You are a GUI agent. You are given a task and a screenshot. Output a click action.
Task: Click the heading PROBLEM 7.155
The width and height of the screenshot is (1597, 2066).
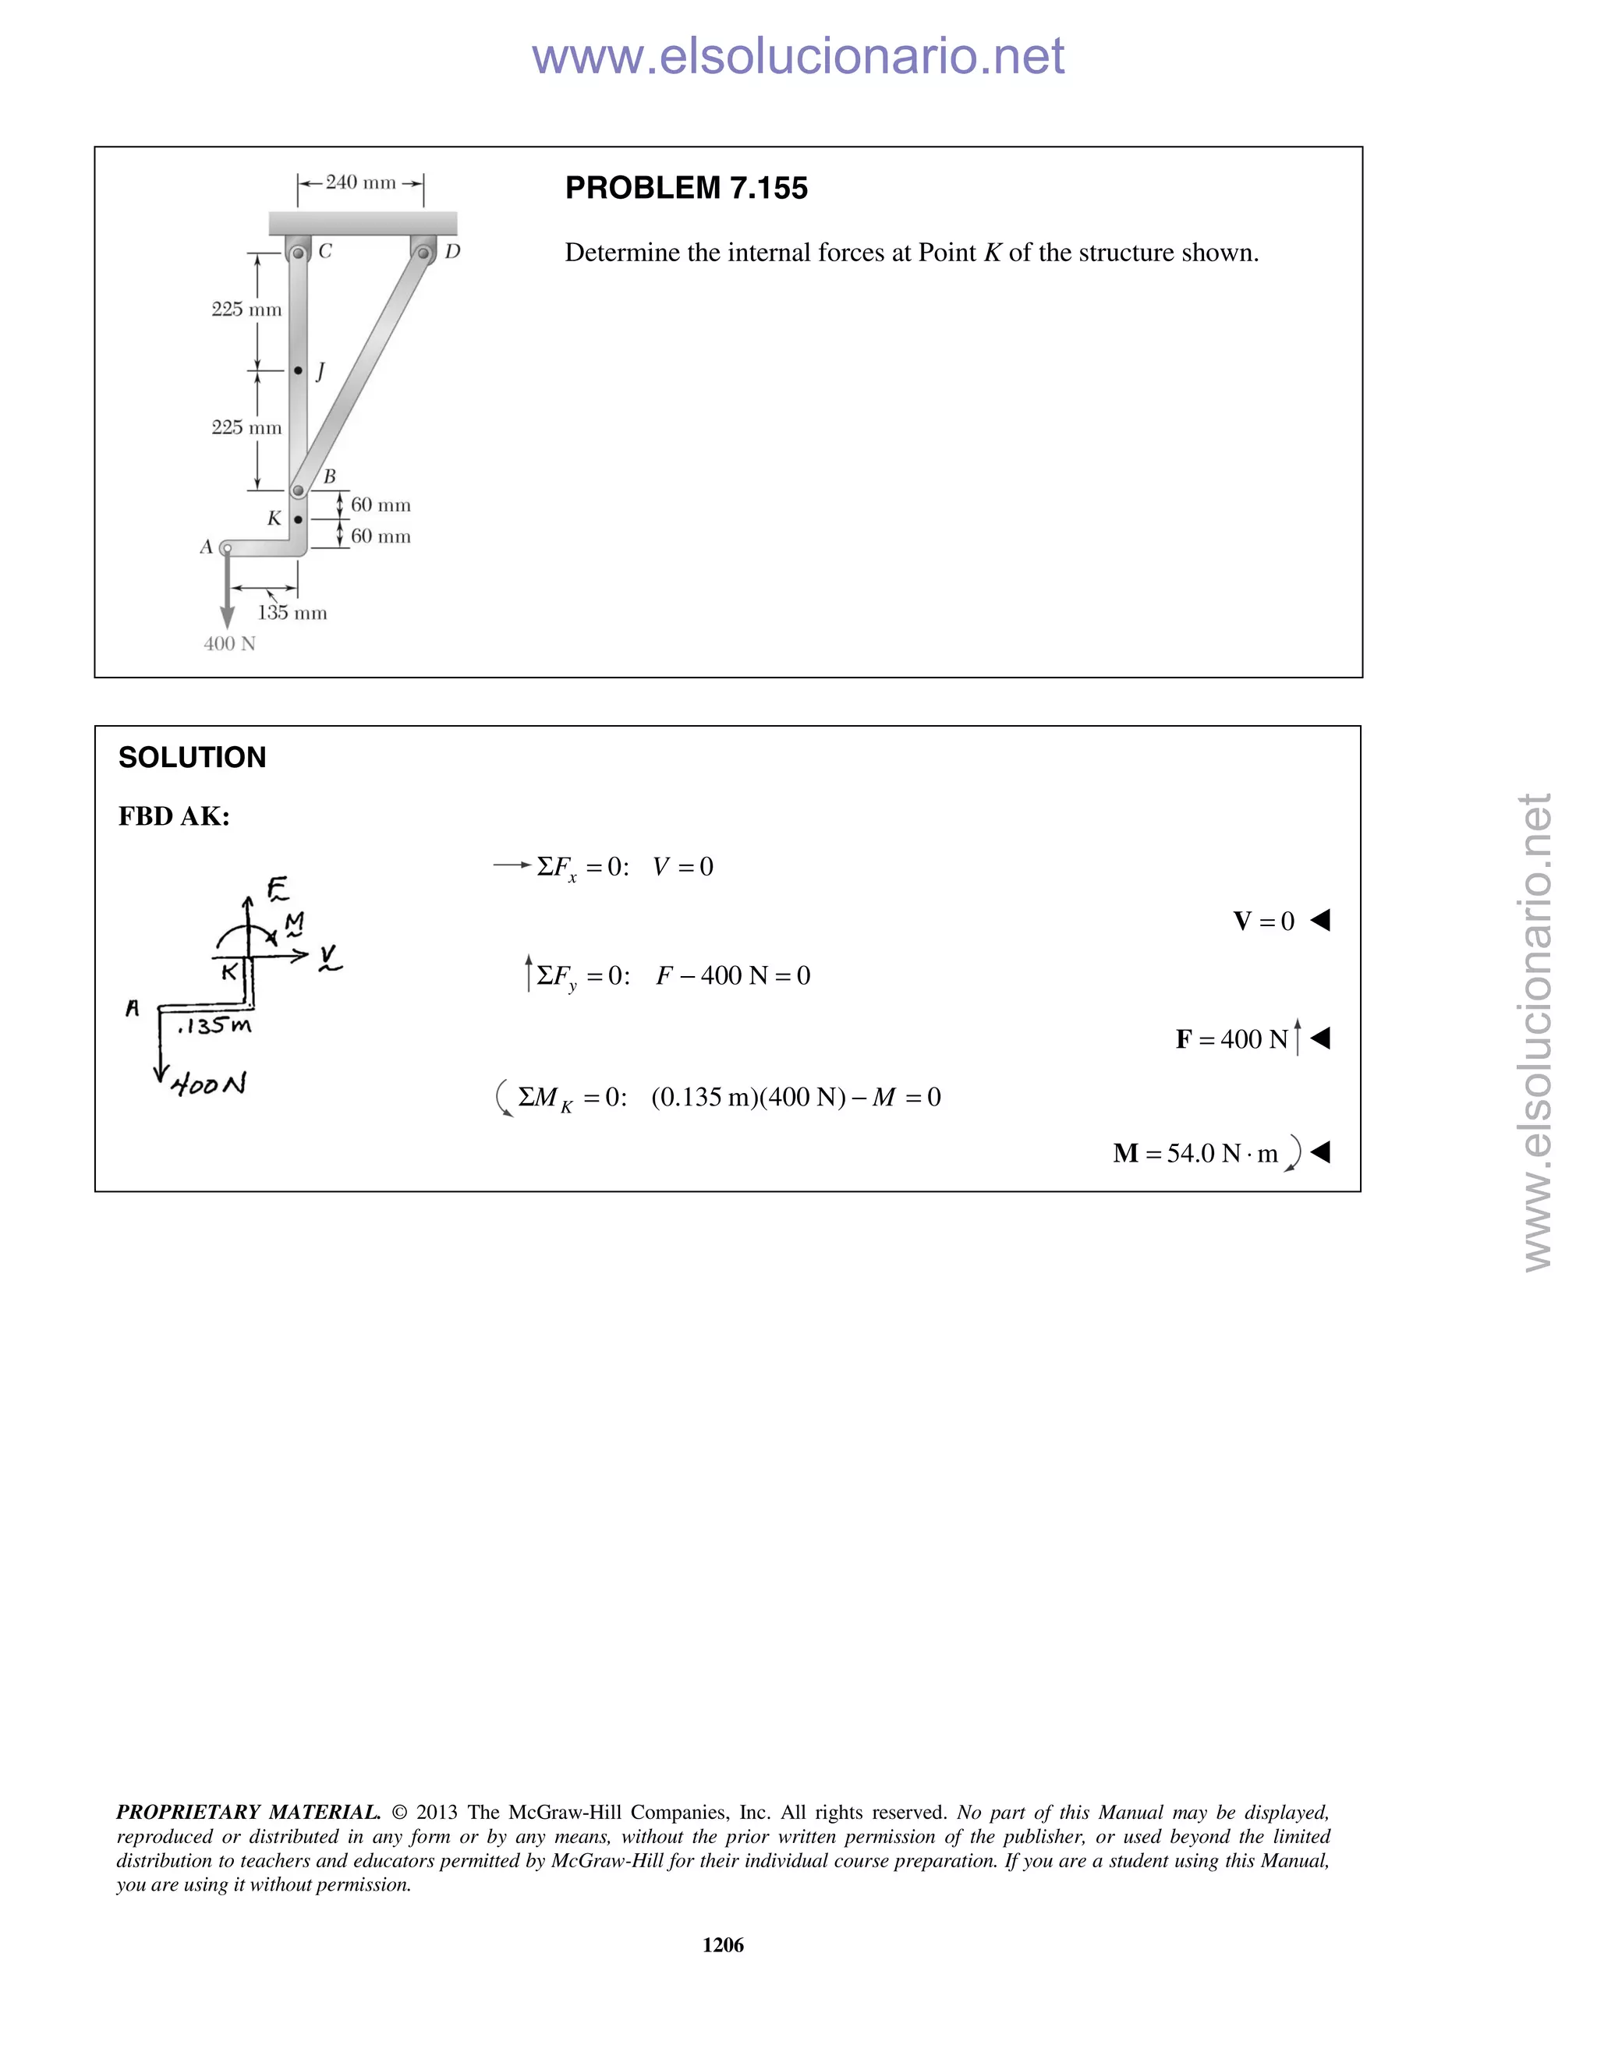686,188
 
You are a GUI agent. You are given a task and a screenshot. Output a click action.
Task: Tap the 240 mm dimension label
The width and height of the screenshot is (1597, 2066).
360,182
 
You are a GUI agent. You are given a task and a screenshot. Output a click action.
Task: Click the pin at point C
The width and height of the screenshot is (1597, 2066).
298,253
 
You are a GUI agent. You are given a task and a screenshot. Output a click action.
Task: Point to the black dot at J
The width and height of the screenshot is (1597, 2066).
298,371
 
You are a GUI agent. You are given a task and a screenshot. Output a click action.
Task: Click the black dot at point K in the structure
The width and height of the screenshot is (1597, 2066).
298,519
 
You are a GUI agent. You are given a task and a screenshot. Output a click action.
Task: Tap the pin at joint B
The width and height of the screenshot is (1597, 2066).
298,491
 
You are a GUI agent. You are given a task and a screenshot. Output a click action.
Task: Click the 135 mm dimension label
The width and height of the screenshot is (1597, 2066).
292,613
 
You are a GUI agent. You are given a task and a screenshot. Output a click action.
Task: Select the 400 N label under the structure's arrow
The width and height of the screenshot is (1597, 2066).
230,644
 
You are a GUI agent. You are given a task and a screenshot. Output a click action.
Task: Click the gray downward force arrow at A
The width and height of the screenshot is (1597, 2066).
227,596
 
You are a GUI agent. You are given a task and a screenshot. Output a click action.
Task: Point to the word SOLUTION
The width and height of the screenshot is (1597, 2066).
192,758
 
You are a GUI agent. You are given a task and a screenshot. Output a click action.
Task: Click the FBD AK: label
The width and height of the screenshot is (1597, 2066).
174,816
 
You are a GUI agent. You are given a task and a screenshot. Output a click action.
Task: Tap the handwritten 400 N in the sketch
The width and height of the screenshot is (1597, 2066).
209,1084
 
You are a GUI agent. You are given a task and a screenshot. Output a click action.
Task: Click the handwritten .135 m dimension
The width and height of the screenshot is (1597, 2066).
214,1025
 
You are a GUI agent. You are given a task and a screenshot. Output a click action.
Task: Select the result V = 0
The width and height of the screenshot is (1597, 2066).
1263,922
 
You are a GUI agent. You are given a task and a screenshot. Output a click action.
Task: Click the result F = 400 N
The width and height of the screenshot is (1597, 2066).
1232,1039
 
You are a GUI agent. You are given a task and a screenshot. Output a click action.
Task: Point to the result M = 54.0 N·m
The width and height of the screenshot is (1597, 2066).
1196,1153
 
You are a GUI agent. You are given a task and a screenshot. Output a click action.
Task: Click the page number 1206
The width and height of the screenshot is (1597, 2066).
723,1945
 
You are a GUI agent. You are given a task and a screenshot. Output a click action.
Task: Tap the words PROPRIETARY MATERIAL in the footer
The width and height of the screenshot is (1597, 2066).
248,1813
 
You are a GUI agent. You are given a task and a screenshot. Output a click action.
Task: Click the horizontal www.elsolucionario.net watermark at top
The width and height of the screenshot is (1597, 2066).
798,57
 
